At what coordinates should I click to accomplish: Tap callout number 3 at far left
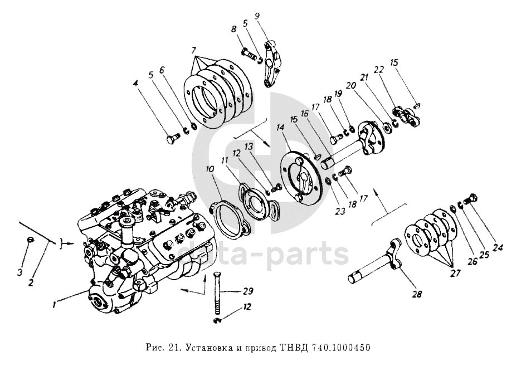tap(21, 272)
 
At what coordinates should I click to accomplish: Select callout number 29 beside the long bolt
tap(249, 291)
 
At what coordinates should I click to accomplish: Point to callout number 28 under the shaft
tap(418, 294)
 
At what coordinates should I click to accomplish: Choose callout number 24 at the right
tap(498, 248)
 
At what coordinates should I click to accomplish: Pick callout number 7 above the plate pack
tap(193, 51)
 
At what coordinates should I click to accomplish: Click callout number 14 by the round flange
tap(280, 128)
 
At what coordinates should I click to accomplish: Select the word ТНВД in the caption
tap(290, 348)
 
